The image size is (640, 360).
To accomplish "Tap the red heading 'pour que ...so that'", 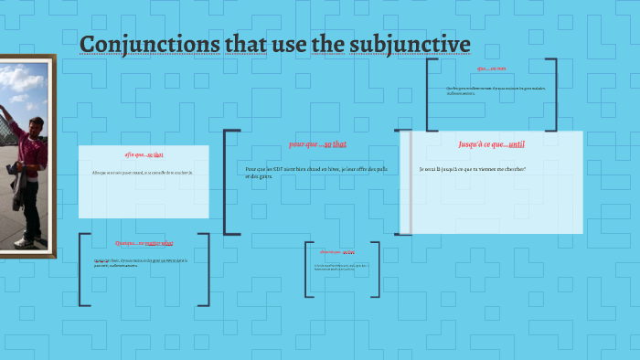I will pyautogui.click(x=317, y=144).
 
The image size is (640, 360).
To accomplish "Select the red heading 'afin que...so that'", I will pyautogui.click(x=144, y=154).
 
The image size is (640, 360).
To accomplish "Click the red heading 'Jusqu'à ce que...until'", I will pyautogui.click(x=491, y=143).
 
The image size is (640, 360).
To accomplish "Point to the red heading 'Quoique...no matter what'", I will pyautogui.click(x=144, y=243).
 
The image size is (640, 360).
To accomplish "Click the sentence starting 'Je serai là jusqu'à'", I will pyautogui.click(x=473, y=169).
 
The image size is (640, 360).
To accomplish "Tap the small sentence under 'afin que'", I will pyautogui.click(x=143, y=173).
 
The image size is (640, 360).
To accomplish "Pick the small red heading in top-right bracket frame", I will pyautogui.click(x=491, y=69).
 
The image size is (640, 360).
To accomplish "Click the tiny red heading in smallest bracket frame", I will pyautogui.click(x=336, y=251).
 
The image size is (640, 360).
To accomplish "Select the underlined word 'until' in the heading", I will pyautogui.click(x=517, y=143).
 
